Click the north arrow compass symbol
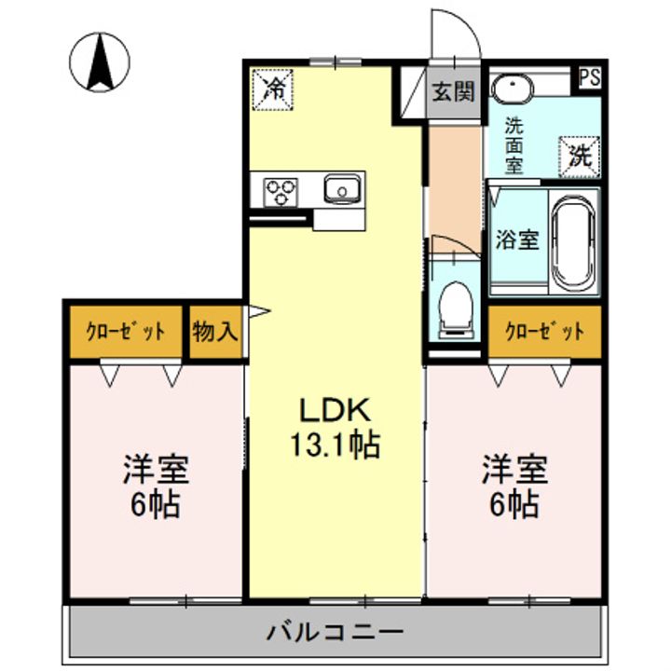click(x=101, y=62)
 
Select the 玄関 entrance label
click(x=454, y=91)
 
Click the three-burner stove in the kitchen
click(x=281, y=192)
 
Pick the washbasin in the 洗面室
click(x=511, y=89)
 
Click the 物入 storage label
click(x=215, y=331)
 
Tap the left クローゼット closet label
click(x=127, y=332)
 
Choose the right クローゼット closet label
click(x=545, y=332)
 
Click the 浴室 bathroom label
click(x=516, y=240)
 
